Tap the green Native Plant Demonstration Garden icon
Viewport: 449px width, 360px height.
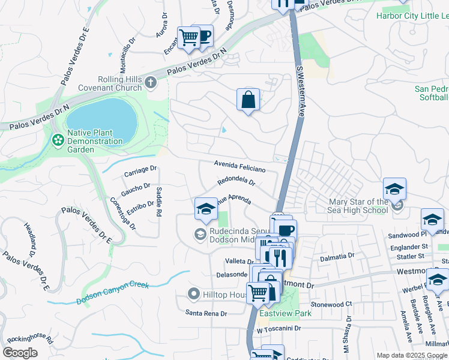coord(58,140)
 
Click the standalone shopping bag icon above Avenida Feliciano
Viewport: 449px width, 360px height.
coord(248,100)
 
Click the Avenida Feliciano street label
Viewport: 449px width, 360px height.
coord(239,166)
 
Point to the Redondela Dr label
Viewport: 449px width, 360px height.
coord(237,181)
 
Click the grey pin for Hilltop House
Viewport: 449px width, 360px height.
coord(193,294)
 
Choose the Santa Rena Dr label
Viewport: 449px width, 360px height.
coord(206,313)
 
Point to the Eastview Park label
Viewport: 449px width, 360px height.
coord(285,313)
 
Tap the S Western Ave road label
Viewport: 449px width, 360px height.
coord(300,93)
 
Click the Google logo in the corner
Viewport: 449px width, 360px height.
coord(20,353)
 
